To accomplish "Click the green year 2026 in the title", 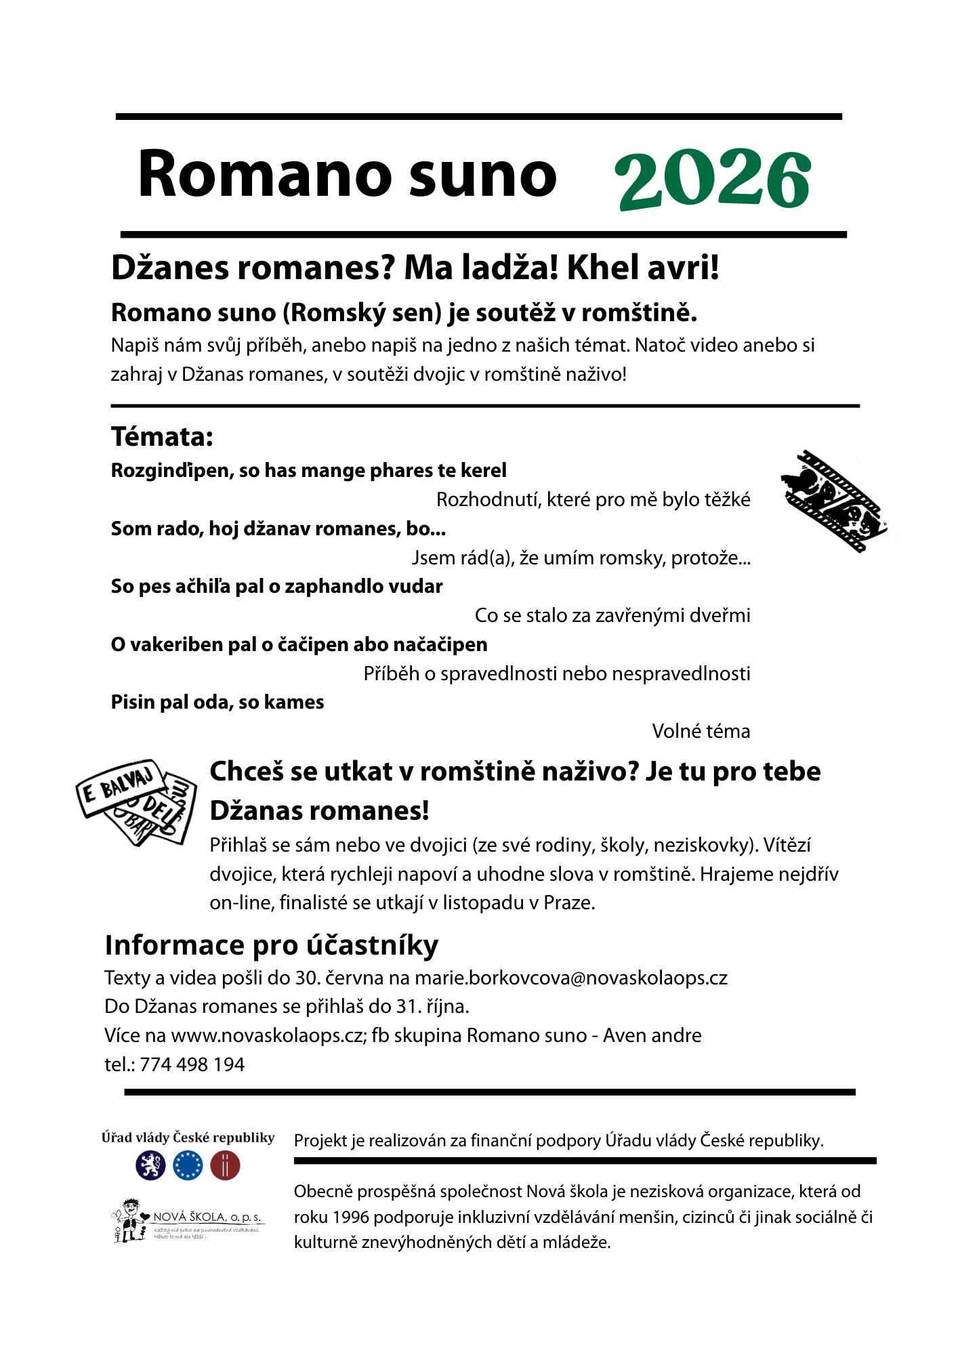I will coord(713,179).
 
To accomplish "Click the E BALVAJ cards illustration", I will coord(136,801).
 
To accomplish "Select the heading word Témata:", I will coord(162,437).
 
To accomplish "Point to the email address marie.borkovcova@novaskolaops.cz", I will coord(570,978).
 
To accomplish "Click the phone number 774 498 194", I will coord(192,1064).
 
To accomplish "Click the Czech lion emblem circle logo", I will coord(150,1166).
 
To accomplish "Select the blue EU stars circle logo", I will coord(188,1166).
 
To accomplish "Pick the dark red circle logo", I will coord(225,1166).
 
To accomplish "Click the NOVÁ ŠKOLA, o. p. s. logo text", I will coord(207,1217).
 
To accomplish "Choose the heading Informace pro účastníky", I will coord(272,945).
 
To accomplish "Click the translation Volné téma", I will coord(701,732).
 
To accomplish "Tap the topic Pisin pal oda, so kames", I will coord(217,703).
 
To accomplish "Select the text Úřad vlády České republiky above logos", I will coord(188,1138).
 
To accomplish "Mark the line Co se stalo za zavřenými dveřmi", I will coord(612,616).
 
